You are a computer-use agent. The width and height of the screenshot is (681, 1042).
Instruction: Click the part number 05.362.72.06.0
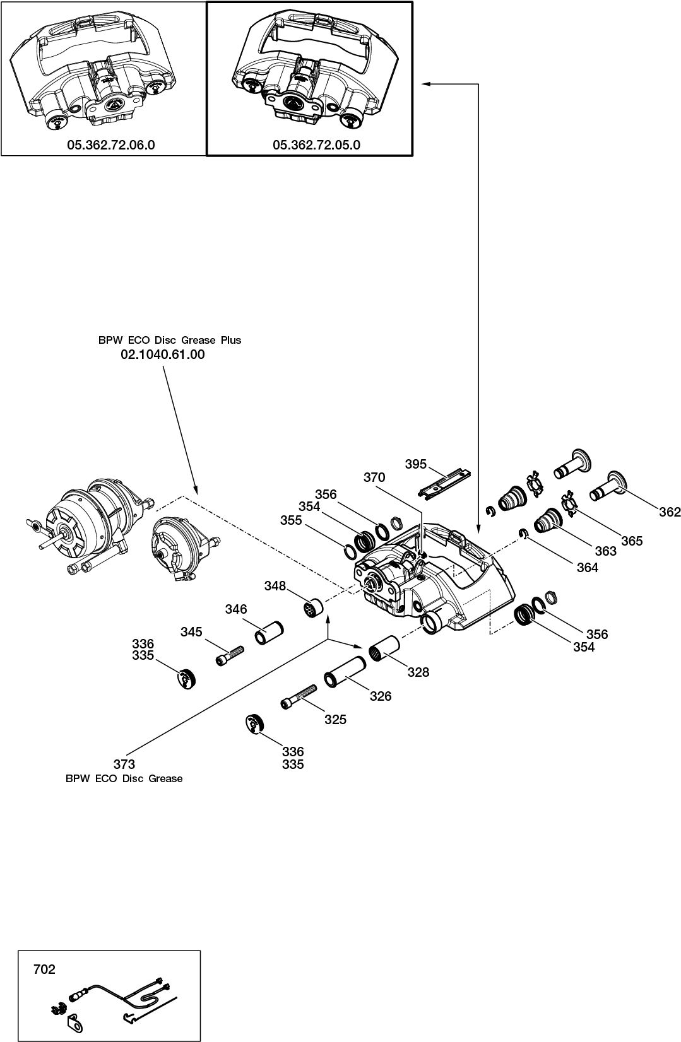pyautogui.click(x=111, y=144)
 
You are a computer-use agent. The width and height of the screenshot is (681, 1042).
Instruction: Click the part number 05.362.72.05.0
pyautogui.click(x=316, y=144)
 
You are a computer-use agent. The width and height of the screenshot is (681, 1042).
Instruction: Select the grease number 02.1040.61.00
pyautogui.click(x=162, y=354)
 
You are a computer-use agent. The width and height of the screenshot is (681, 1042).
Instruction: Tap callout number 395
pyautogui.click(x=415, y=464)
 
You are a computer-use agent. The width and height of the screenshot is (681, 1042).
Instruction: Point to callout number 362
pyautogui.click(x=670, y=512)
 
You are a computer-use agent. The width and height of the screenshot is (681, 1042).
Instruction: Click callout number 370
pyautogui.click(x=374, y=477)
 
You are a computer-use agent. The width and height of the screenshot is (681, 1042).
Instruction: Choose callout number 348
pyautogui.click(x=275, y=586)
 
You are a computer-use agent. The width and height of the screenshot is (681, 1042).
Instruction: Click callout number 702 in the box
pyautogui.click(x=44, y=969)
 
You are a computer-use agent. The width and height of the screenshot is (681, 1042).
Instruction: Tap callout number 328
pyautogui.click(x=418, y=672)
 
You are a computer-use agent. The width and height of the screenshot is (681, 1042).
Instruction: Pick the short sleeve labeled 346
pyautogui.click(x=269, y=631)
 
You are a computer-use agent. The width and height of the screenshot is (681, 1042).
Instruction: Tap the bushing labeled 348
pyautogui.click(x=312, y=609)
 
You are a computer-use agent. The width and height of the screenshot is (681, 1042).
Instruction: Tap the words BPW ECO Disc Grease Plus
pyautogui.click(x=169, y=340)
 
